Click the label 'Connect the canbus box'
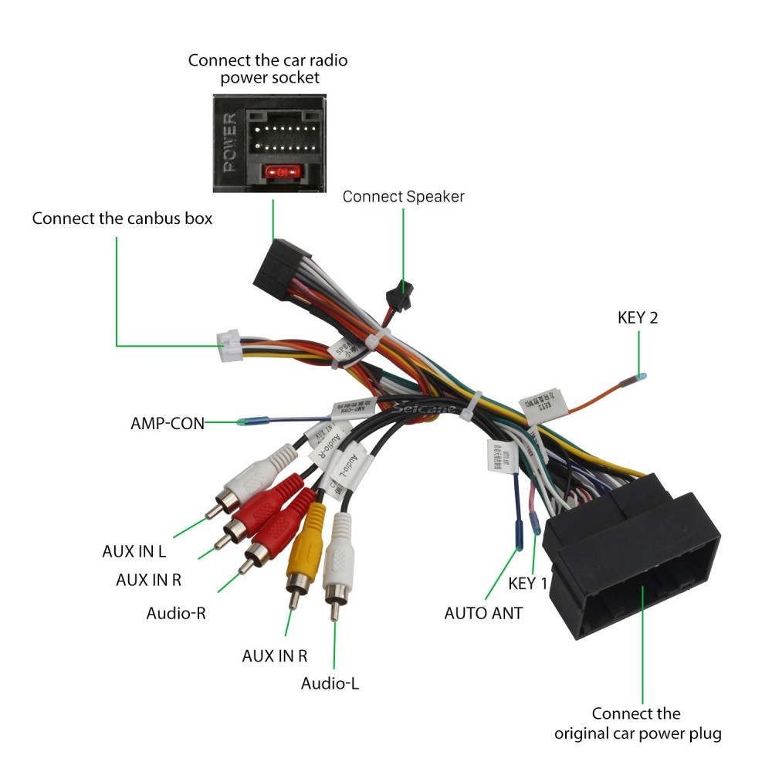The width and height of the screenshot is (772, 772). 122,218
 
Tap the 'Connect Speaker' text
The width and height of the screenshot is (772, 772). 403,196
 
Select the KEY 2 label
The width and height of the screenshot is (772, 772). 638,317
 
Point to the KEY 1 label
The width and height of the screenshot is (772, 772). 528,583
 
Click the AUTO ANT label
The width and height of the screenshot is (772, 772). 483,613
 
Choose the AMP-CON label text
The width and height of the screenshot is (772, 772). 168,423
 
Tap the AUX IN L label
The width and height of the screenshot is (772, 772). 134,552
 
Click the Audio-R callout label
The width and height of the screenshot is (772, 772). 176,613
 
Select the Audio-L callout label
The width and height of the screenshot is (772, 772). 330,683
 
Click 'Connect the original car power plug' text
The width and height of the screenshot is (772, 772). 638,723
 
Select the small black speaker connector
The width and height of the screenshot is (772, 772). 398,294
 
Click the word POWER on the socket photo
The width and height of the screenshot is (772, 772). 229,143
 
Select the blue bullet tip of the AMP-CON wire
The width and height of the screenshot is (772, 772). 253,422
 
